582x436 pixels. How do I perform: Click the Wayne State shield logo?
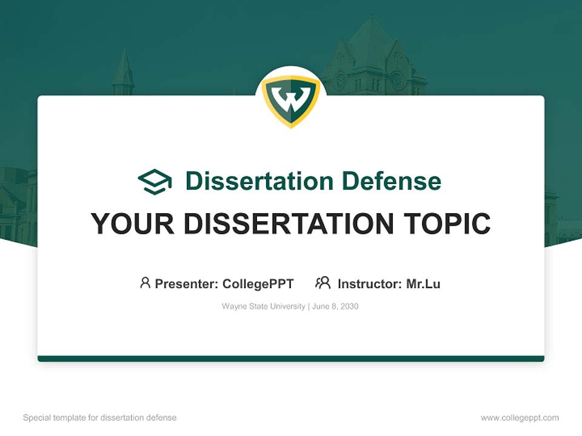[x=291, y=101]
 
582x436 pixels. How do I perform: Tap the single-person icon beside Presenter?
[x=145, y=283]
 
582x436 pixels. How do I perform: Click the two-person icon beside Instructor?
[x=323, y=283]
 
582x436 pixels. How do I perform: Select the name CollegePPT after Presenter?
[x=258, y=283]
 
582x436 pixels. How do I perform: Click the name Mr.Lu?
[x=423, y=283]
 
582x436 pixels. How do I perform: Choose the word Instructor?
[x=369, y=283]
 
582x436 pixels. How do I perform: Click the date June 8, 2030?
[x=336, y=306]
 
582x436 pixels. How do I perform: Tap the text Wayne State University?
[x=263, y=306]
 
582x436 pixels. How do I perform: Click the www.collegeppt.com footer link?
[x=520, y=418]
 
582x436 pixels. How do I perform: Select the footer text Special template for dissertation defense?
[x=99, y=418]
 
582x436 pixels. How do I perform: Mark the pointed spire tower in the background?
[x=122, y=73]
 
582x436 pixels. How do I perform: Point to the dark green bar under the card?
[x=291, y=358]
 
